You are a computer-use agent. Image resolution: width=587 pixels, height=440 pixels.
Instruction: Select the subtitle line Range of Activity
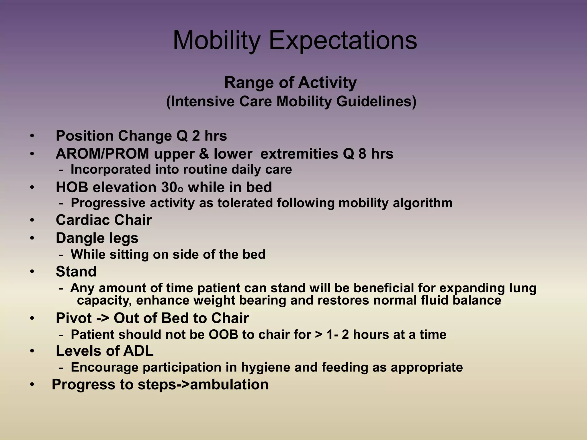pyautogui.click(x=290, y=83)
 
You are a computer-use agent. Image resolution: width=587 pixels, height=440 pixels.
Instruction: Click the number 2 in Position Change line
pyautogui.click(x=196, y=136)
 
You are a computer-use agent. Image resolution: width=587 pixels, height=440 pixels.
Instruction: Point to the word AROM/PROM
pyautogui.click(x=102, y=154)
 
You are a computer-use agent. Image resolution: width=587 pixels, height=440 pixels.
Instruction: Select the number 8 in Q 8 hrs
pyautogui.click(x=362, y=154)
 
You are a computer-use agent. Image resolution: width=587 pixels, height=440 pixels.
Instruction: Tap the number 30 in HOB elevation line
pyautogui.click(x=169, y=187)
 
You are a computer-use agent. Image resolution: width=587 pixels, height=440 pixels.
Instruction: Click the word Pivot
pyautogui.click(x=74, y=318)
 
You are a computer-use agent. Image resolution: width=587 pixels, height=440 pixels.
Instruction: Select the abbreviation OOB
pyautogui.click(x=223, y=335)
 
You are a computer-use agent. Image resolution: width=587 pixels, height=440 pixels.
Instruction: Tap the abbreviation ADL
pyautogui.click(x=138, y=351)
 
